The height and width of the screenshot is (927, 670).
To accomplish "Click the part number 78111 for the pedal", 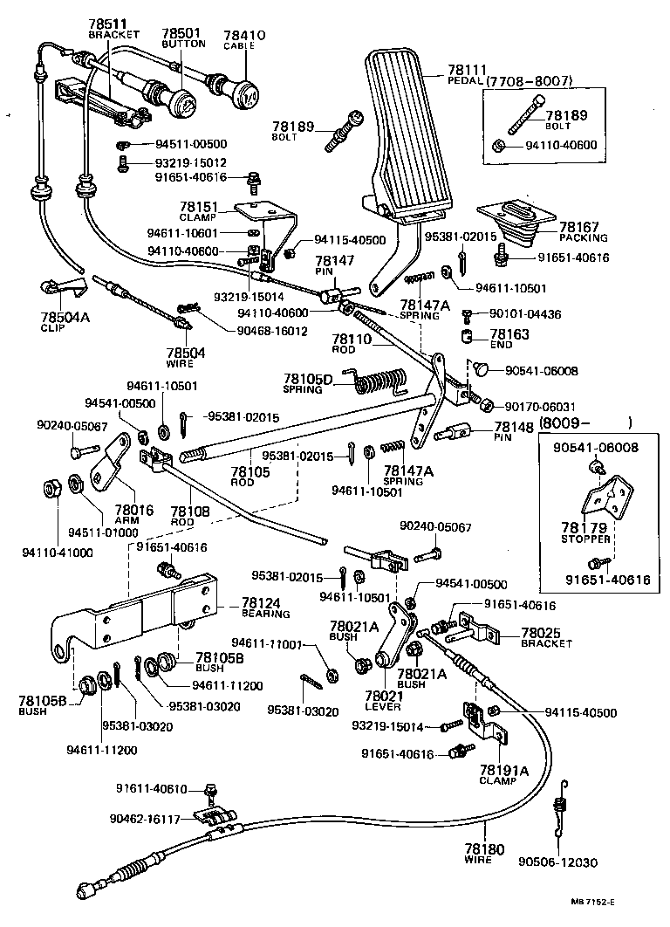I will coord(468,69).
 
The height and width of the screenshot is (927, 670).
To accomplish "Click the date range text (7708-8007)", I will coord(530,81).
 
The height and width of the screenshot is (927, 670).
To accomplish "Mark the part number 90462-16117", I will coord(145,819).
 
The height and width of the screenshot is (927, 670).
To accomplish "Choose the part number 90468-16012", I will coord(271,331).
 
